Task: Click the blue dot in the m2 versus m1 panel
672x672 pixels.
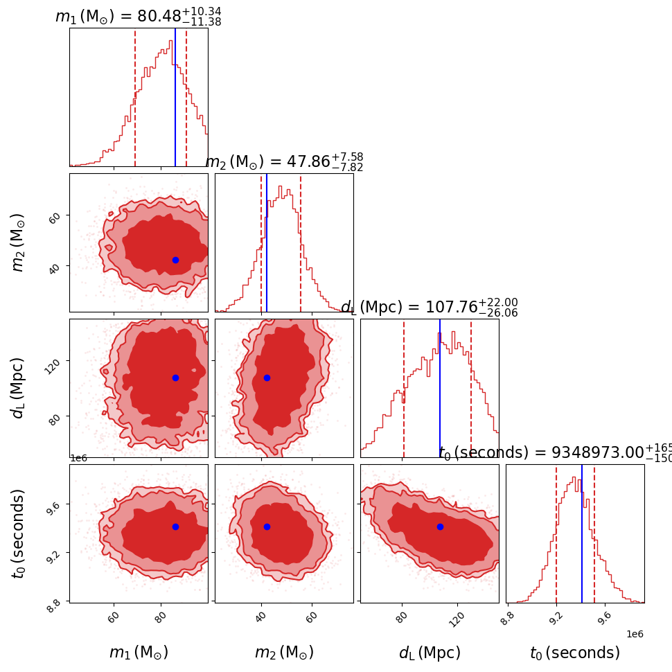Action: [x=175, y=260]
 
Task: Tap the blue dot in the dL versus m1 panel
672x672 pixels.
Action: [x=175, y=378]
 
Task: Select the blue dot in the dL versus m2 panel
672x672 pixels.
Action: [x=267, y=378]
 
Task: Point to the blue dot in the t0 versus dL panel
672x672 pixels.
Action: [x=440, y=527]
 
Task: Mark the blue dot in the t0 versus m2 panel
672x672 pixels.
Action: [x=267, y=527]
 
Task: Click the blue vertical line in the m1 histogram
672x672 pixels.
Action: [x=175, y=97]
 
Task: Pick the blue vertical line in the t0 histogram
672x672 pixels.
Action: [x=582, y=533]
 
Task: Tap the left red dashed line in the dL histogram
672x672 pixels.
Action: [x=404, y=388]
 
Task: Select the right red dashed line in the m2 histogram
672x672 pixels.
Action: [x=301, y=242]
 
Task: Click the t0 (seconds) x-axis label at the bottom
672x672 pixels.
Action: [x=575, y=653]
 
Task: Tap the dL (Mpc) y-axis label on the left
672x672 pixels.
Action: [x=18, y=388]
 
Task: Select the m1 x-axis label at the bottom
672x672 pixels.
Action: [x=139, y=653]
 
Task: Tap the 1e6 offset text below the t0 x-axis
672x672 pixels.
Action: [x=635, y=634]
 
